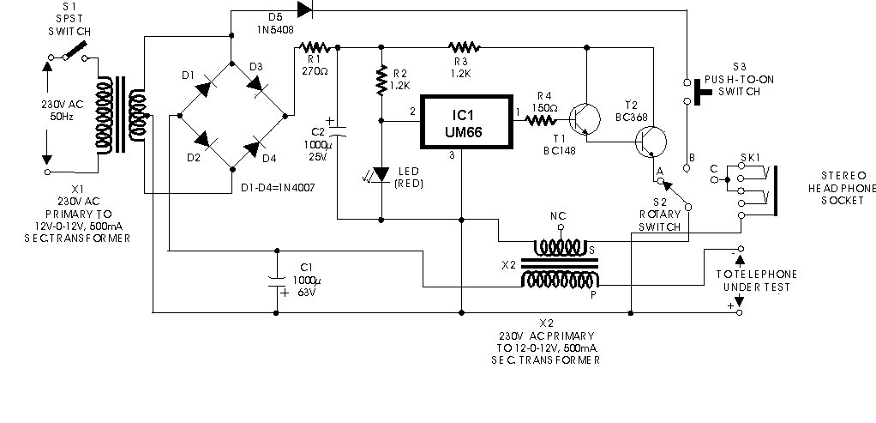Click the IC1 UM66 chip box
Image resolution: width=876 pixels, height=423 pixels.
466,122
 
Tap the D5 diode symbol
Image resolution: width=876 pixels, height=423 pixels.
304,9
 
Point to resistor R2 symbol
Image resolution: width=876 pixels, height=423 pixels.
381,80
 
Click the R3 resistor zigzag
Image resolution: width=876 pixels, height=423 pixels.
464,47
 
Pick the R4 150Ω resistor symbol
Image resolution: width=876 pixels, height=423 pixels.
540,120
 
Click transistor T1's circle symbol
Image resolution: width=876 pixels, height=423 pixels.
585,119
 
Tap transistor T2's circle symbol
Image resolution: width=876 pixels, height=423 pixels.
651,142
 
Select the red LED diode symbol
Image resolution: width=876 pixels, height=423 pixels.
381,174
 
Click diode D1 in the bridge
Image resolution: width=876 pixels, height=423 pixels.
204,88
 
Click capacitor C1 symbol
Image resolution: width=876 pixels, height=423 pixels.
277,281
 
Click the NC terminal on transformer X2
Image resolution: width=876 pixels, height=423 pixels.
561,227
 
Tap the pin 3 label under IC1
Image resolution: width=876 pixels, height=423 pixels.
453,155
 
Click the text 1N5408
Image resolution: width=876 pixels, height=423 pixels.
275,30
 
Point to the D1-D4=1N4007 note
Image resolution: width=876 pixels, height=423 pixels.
278,188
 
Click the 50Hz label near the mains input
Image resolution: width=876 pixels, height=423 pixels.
63,117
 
